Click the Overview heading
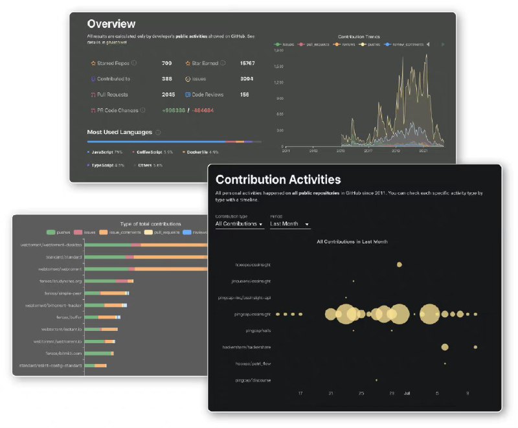point(111,24)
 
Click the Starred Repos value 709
point(166,63)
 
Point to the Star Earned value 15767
point(247,63)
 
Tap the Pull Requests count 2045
point(168,95)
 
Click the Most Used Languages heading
point(120,132)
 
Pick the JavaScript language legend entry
point(105,152)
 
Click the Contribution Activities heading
point(278,179)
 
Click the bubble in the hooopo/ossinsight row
point(400,264)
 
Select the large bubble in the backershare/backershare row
point(445,347)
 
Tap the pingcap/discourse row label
point(253,380)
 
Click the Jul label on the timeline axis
point(407,393)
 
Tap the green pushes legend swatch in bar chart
point(52,232)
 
